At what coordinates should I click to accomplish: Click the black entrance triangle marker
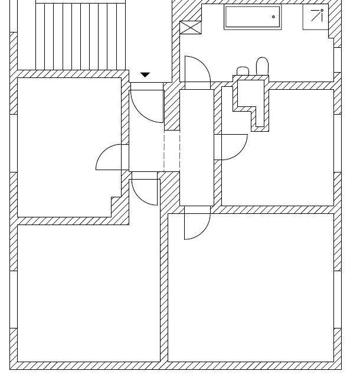[x=145, y=75]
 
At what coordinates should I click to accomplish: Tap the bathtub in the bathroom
[x=253, y=17]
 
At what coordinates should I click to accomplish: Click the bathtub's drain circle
[x=273, y=17]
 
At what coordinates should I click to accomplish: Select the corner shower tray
[x=316, y=17]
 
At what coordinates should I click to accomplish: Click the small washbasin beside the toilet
[x=243, y=71]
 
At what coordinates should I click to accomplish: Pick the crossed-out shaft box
[x=190, y=28]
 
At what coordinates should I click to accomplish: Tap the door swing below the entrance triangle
[x=146, y=105]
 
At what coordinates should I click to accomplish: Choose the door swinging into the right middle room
[x=231, y=147]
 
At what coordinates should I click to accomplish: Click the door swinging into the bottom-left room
[x=145, y=191]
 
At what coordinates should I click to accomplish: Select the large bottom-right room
[x=251, y=287]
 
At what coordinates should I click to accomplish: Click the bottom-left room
[x=89, y=292]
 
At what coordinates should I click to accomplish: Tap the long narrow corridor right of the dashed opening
[x=195, y=148]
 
